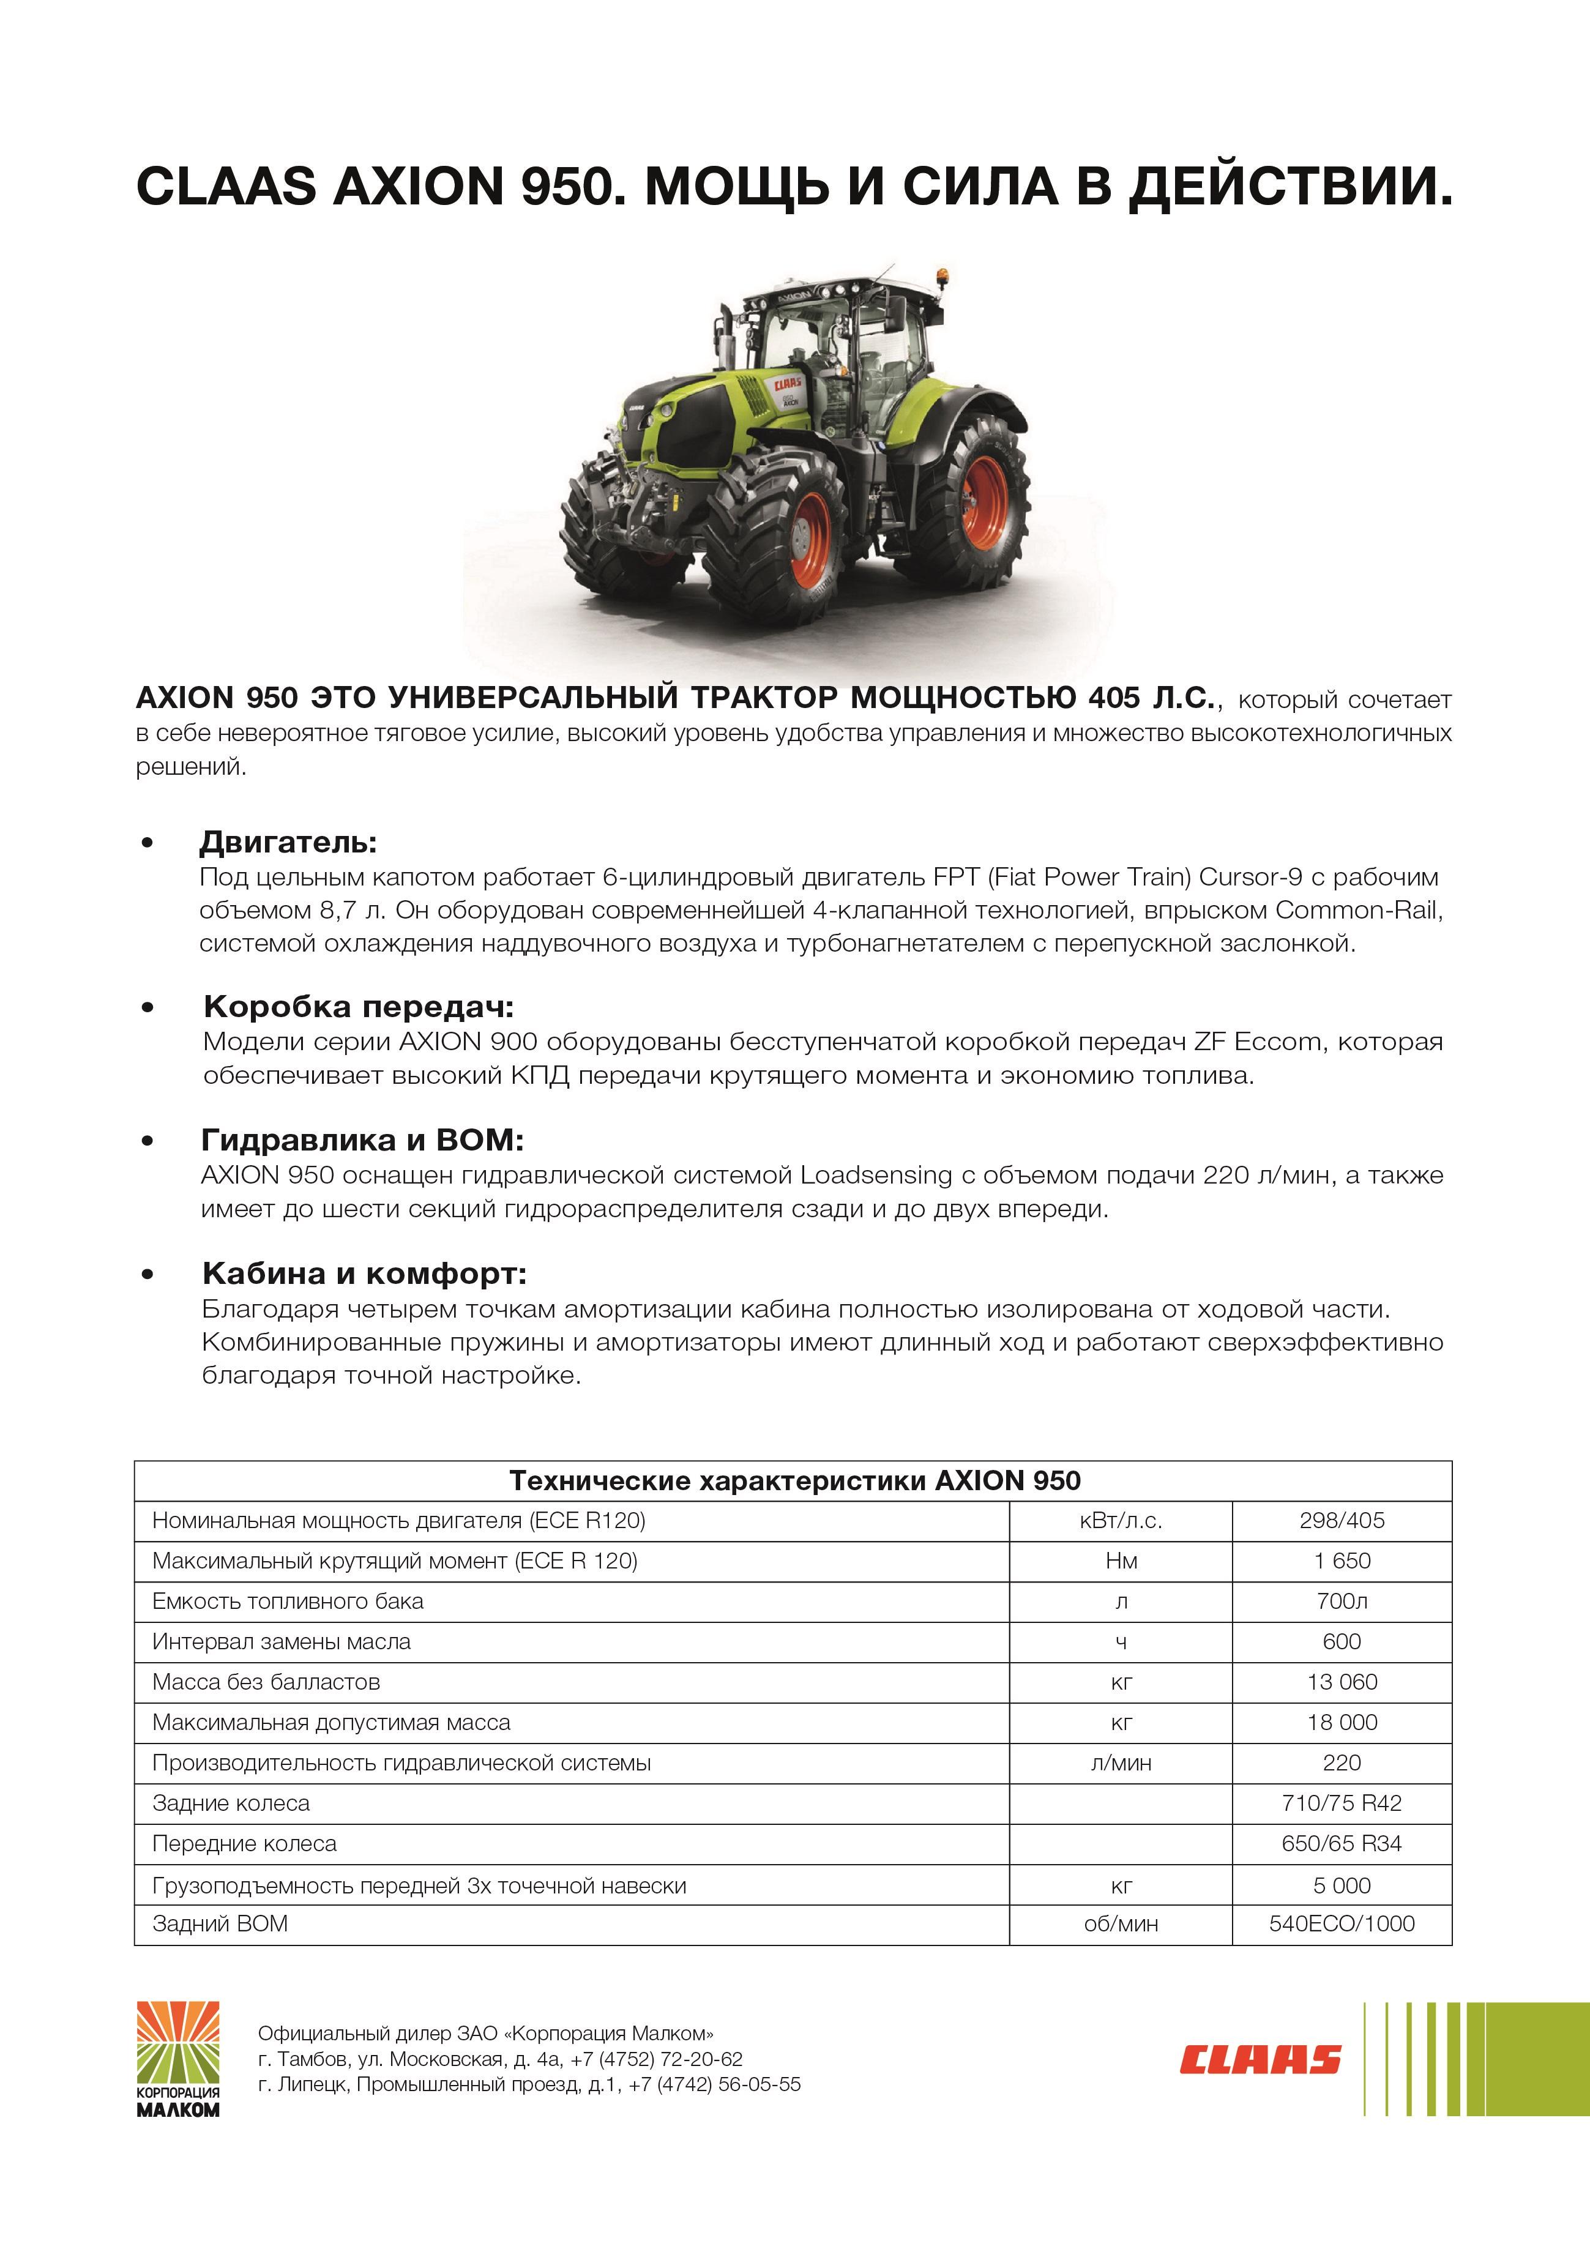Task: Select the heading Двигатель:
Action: (288, 841)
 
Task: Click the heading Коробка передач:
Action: (359, 1006)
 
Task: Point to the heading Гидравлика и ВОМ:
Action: (362, 1139)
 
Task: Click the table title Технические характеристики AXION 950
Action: (794, 1480)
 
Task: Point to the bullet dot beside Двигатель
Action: (148, 843)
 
